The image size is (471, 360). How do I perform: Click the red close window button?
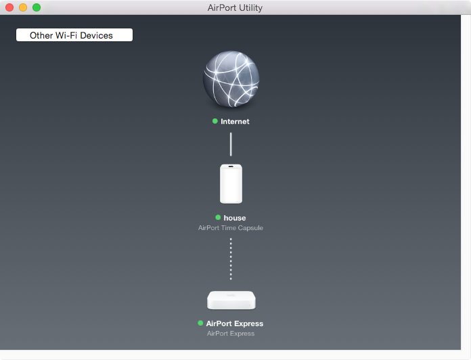click(x=9, y=7)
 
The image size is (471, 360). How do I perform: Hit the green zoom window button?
click(x=37, y=7)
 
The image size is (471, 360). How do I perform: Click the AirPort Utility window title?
click(x=235, y=8)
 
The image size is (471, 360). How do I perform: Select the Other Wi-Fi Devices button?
click(x=74, y=35)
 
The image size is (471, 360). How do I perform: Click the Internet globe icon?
click(x=231, y=79)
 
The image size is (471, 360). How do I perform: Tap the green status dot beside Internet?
click(x=215, y=121)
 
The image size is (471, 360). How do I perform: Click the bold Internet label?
click(x=235, y=121)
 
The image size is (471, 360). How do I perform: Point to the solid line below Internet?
click(x=231, y=144)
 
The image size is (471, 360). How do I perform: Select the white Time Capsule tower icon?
click(x=231, y=184)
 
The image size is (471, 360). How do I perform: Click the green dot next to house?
click(x=218, y=217)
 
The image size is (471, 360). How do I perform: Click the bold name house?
click(x=235, y=218)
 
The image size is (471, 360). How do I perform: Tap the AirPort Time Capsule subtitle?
click(x=231, y=228)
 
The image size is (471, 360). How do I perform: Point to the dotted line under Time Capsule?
click(x=231, y=258)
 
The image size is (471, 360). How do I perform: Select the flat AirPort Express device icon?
click(x=231, y=300)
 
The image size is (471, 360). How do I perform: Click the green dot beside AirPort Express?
click(x=200, y=323)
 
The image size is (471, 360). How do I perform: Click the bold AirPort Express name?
click(x=235, y=323)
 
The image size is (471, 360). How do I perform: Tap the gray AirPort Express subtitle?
click(x=231, y=334)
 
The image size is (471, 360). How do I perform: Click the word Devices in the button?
click(x=96, y=35)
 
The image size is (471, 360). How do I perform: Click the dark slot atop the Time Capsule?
click(x=231, y=166)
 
